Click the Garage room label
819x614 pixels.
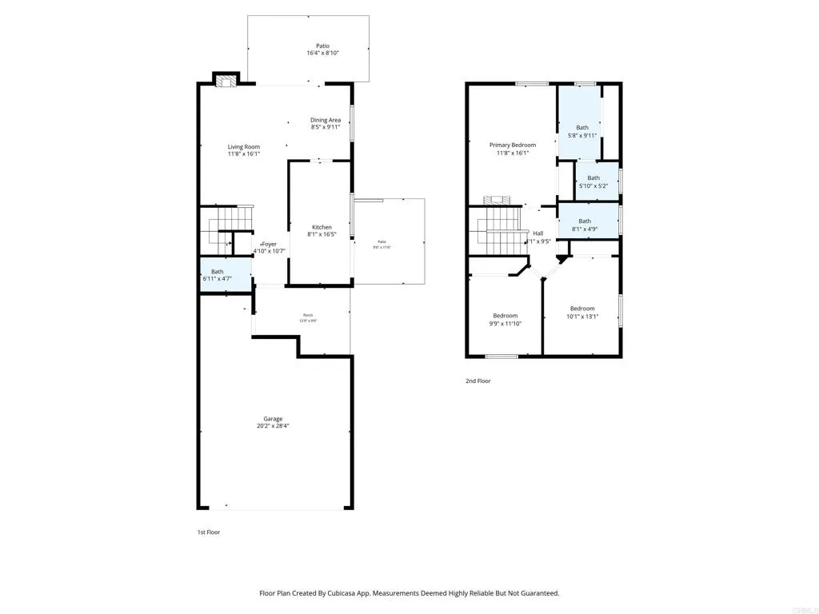274,419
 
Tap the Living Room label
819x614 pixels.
244,147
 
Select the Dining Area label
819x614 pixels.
326,121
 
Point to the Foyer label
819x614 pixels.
270,245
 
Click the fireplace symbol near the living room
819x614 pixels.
226,80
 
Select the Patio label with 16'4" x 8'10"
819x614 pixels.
318,46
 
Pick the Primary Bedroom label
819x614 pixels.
513,146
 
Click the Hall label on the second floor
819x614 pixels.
537,233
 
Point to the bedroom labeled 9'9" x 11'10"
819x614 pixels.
505,316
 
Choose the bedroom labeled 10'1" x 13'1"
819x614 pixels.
582,309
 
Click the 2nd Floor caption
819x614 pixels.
478,381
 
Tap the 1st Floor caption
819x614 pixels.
209,532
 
